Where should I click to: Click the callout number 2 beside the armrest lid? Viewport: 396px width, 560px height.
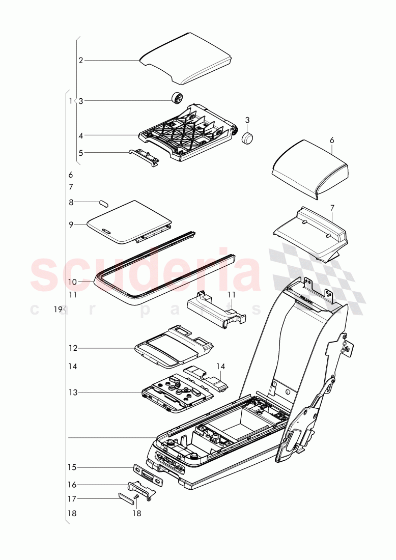(x=80, y=60)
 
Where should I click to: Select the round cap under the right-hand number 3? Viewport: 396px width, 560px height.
(x=247, y=138)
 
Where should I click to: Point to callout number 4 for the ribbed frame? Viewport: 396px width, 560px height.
(x=80, y=135)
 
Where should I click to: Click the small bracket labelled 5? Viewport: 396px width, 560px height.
(x=144, y=156)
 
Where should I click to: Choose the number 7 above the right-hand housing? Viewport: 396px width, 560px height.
(x=332, y=208)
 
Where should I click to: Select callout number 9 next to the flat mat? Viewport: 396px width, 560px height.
(x=72, y=224)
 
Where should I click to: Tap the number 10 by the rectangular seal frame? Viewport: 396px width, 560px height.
(x=72, y=282)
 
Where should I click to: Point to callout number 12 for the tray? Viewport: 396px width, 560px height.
(x=73, y=348)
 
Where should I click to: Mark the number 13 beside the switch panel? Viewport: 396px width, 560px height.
(x=73, y=393)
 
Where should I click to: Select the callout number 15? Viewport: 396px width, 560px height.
(x=73, y=467)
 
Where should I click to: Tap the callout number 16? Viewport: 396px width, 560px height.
(x=73, y=485)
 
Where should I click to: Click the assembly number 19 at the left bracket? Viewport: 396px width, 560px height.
(x=58, y=309)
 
